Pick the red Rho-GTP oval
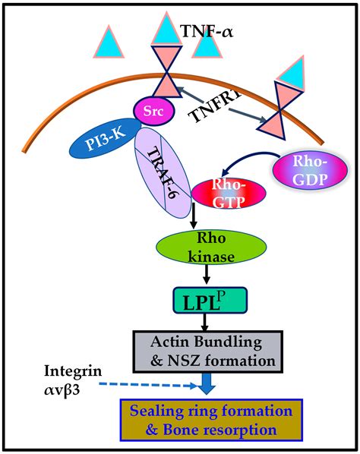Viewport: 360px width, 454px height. click(x=219, y=194)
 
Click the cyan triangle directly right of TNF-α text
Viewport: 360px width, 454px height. click(x=207, y=46)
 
